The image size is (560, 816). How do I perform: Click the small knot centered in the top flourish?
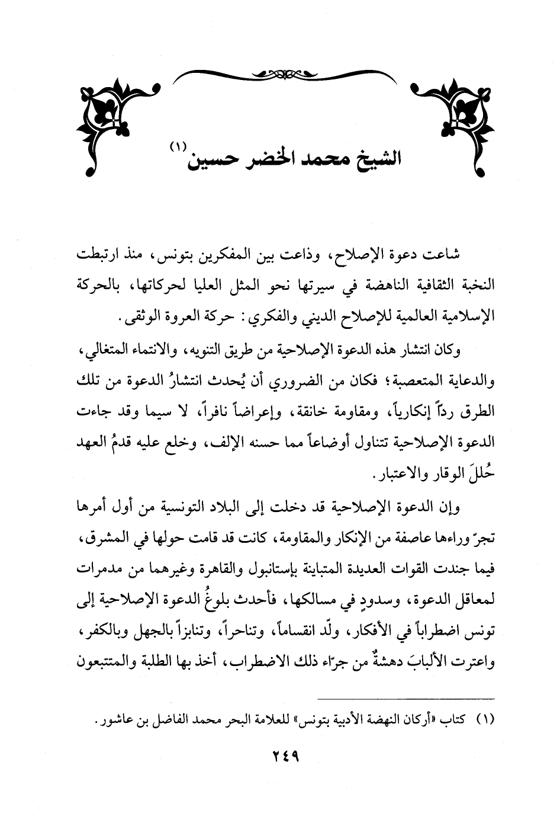pos(280,74)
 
